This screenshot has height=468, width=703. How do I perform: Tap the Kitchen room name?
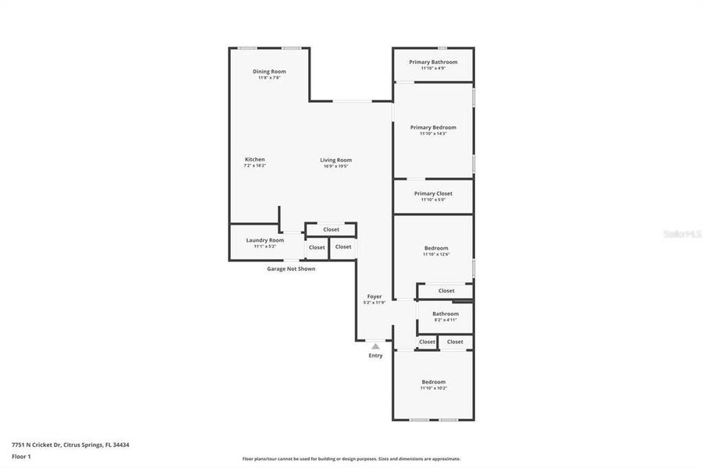[254, 159]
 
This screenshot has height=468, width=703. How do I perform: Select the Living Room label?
[336, 160]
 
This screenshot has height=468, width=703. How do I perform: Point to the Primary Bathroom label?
[433, 62]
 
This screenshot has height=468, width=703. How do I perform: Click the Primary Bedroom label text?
[433, 127]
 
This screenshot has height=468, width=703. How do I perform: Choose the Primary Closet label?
[433, 193]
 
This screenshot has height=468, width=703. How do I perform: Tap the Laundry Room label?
[265, 240]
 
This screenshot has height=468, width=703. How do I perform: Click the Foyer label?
[375, 296]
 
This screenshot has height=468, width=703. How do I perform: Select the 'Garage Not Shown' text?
[291, 268]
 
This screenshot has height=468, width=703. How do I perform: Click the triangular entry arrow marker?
[375, 346]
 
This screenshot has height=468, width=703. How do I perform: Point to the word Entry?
[375, 356]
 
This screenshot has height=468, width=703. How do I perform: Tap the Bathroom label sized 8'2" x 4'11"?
[446, 314]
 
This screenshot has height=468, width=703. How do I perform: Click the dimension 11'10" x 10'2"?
[435, 388]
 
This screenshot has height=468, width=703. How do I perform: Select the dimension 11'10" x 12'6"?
[436, 254]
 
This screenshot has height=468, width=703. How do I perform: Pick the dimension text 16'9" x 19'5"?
[336, 166]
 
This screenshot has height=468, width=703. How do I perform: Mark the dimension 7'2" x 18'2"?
[254, 165]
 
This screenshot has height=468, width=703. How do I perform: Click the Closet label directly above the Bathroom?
[446, 291]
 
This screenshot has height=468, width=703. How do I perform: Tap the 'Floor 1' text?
[20, 456]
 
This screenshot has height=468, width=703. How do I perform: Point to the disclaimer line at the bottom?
[351, 459]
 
